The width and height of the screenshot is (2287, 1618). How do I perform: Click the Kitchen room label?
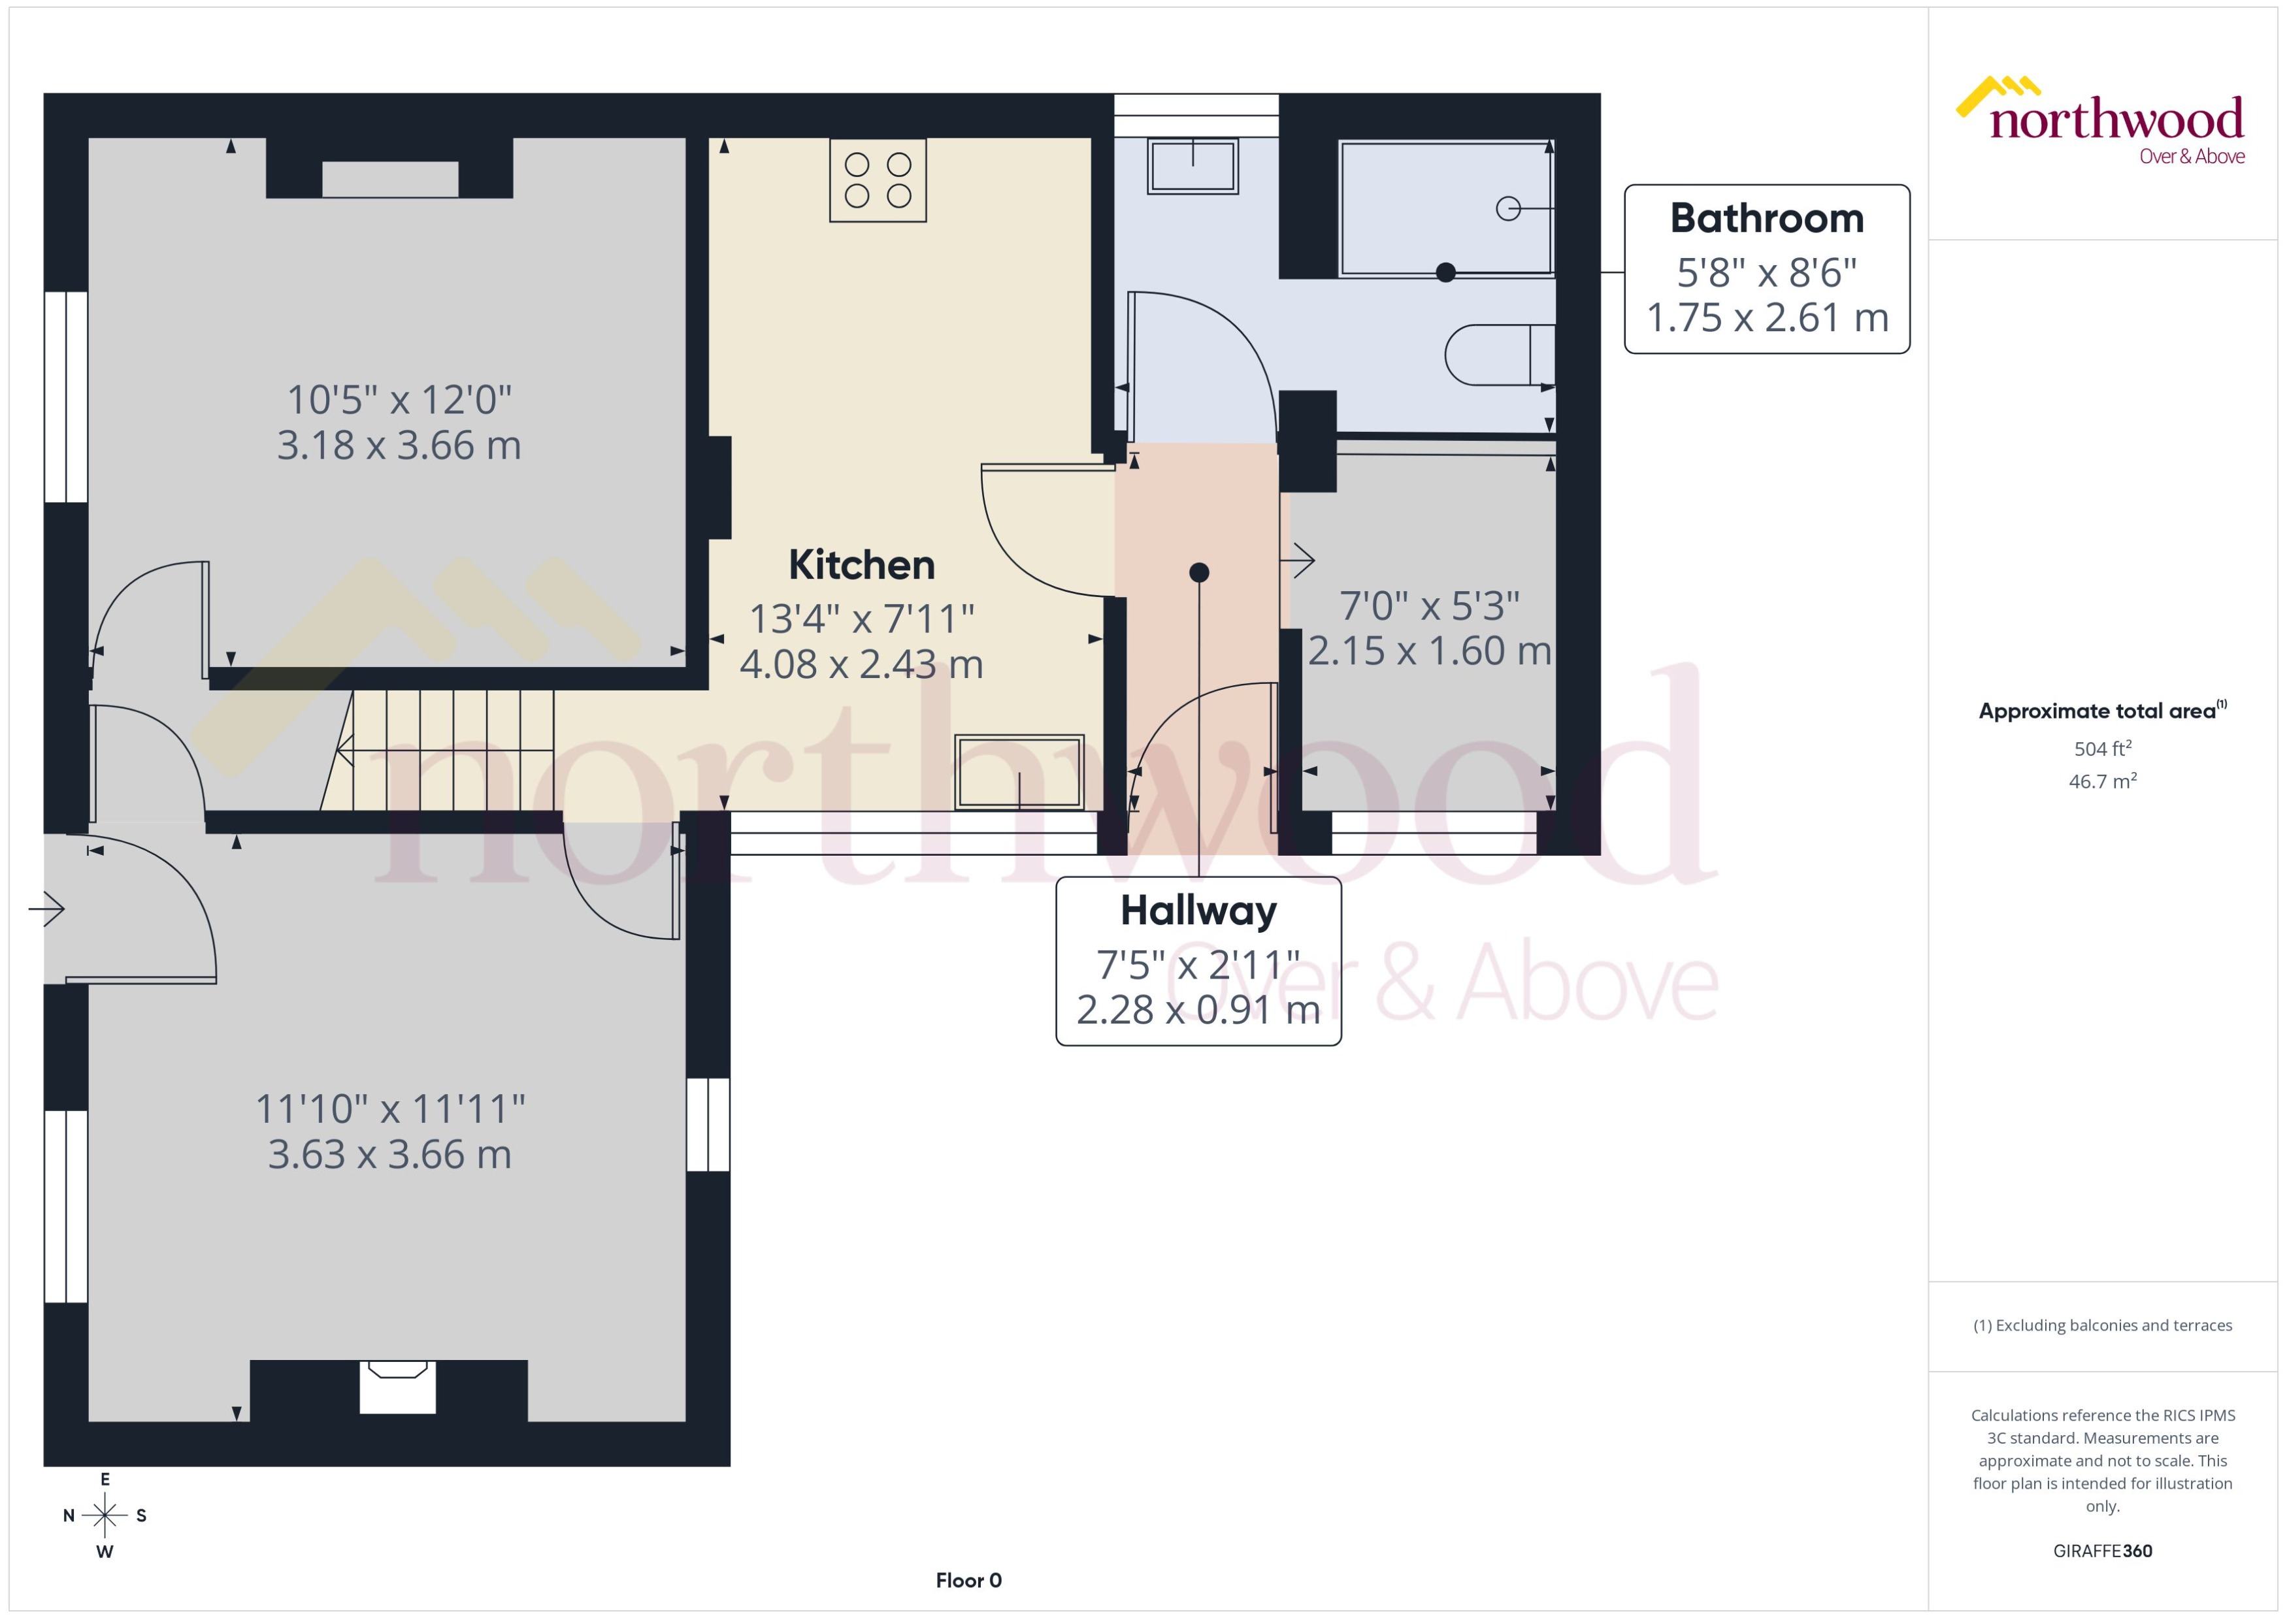pos(861,565)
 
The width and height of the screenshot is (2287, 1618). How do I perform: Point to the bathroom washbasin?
pos(1192,165)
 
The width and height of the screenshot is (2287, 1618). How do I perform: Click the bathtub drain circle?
pos(1507,208)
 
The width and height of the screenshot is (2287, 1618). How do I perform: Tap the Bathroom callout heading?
pos(1766,218)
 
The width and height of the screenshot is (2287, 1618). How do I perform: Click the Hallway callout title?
pos(1198,910)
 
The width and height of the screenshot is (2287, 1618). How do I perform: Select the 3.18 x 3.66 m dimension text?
pos(399,445)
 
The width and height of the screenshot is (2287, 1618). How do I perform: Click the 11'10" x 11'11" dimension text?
pos(389,1108)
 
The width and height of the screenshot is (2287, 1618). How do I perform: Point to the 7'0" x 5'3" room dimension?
pos(1428,605)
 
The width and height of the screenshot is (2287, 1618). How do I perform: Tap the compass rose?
pos(105,1515)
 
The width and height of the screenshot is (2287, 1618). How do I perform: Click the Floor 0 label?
pos(968,1580)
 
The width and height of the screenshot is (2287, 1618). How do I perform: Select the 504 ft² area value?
pos(2101,748)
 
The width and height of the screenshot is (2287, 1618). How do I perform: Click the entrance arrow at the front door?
pos(47,909)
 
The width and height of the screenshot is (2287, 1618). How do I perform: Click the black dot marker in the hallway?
pos(1199,572)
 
